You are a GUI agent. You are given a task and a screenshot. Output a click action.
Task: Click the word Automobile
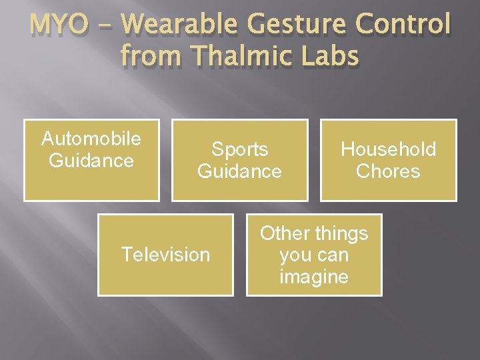91,139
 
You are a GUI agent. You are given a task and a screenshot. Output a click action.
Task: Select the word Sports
239,149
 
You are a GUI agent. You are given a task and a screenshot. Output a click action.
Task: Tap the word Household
388,149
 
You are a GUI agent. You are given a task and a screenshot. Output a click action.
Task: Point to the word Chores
388,171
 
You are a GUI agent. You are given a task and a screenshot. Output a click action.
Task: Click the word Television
165,255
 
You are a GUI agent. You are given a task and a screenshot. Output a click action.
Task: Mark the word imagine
314,277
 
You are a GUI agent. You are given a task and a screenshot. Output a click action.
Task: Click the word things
342,233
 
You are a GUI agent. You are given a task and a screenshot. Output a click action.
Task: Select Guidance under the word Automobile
91,161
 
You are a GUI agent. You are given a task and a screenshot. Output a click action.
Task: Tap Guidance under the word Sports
239,171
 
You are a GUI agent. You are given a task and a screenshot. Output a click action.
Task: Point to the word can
334,255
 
